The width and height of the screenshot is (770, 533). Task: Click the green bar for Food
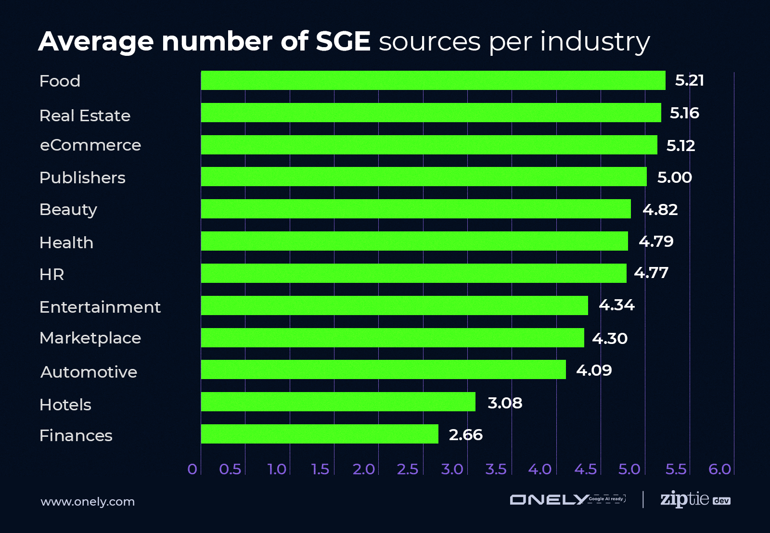(x=433, y=80)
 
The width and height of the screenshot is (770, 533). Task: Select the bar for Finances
(x=320, y=434)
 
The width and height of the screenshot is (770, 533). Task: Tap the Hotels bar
(x=338, y=402)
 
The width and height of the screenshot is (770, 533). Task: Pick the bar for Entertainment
(x=394, y=305)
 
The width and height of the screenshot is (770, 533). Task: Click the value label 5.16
(x=684, y=113)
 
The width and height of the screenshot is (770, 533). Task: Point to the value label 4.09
(x=594, y=370)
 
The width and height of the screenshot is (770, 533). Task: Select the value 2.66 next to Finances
(x=465, y=435)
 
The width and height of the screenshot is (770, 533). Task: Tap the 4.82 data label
(x=660, y=210)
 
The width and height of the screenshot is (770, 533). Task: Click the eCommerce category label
(x=90, y=145)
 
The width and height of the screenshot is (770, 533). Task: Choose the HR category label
(x=51, y=275)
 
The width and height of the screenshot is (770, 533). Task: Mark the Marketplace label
(x=90, y=338)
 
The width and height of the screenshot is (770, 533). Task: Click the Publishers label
(x=82, y=178)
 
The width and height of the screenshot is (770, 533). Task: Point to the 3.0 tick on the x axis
(x=452, y=469)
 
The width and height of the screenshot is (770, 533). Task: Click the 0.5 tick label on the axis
(x=230, y=469)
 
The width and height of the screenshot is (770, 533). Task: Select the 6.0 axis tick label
(x=719, y=469)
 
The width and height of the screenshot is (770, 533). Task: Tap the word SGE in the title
(x=343, y=41)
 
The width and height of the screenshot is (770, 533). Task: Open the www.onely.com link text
(x=88, y=502)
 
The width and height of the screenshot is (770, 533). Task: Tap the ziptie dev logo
(x=694, y=499)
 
